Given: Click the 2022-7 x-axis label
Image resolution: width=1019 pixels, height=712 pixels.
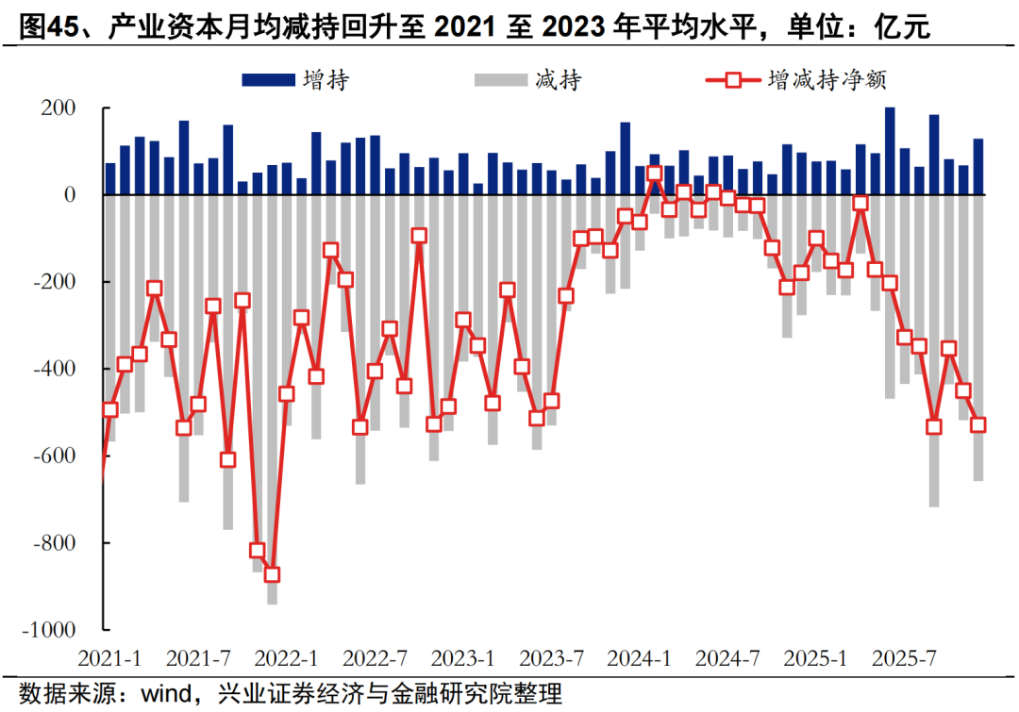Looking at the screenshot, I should click(x=374, y=656).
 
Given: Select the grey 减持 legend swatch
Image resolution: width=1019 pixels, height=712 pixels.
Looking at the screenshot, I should click(x=500, y=79).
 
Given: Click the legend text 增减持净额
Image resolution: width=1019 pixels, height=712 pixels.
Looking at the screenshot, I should click(x=827, y=79).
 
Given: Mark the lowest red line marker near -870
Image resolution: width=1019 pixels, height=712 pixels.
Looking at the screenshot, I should click(x=272, y=574).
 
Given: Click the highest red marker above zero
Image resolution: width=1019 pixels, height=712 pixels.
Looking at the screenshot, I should click(x=655, y=174).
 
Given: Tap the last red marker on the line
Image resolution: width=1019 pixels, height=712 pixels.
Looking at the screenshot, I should click(x=978, y=424).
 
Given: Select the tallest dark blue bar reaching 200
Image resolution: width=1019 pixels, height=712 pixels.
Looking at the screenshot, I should click(x=890, y=151).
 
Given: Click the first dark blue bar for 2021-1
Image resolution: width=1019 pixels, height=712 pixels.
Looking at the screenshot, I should click(x=110, y=178).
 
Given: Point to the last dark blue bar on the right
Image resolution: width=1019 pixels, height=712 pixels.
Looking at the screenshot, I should click(x=978, y=166).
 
